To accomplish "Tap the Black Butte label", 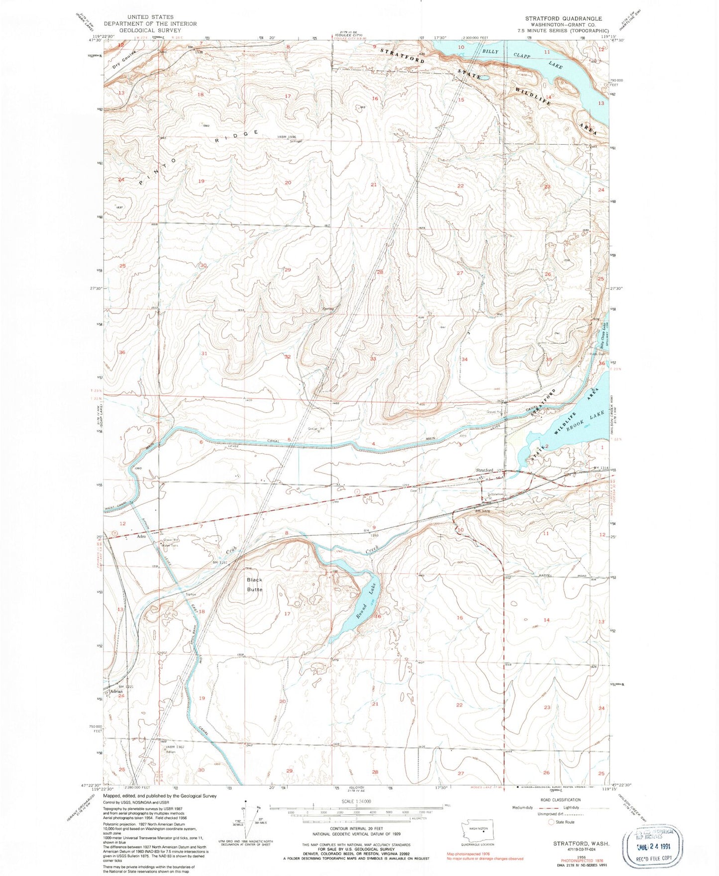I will point(254,584).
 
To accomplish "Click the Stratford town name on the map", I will point(484,470).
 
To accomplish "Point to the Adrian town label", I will point(116,691).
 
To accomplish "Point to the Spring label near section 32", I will point(328,309).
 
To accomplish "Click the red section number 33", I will point(373,358).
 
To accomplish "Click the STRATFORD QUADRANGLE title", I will point(563,18).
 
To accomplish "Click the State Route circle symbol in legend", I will point(551,822).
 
